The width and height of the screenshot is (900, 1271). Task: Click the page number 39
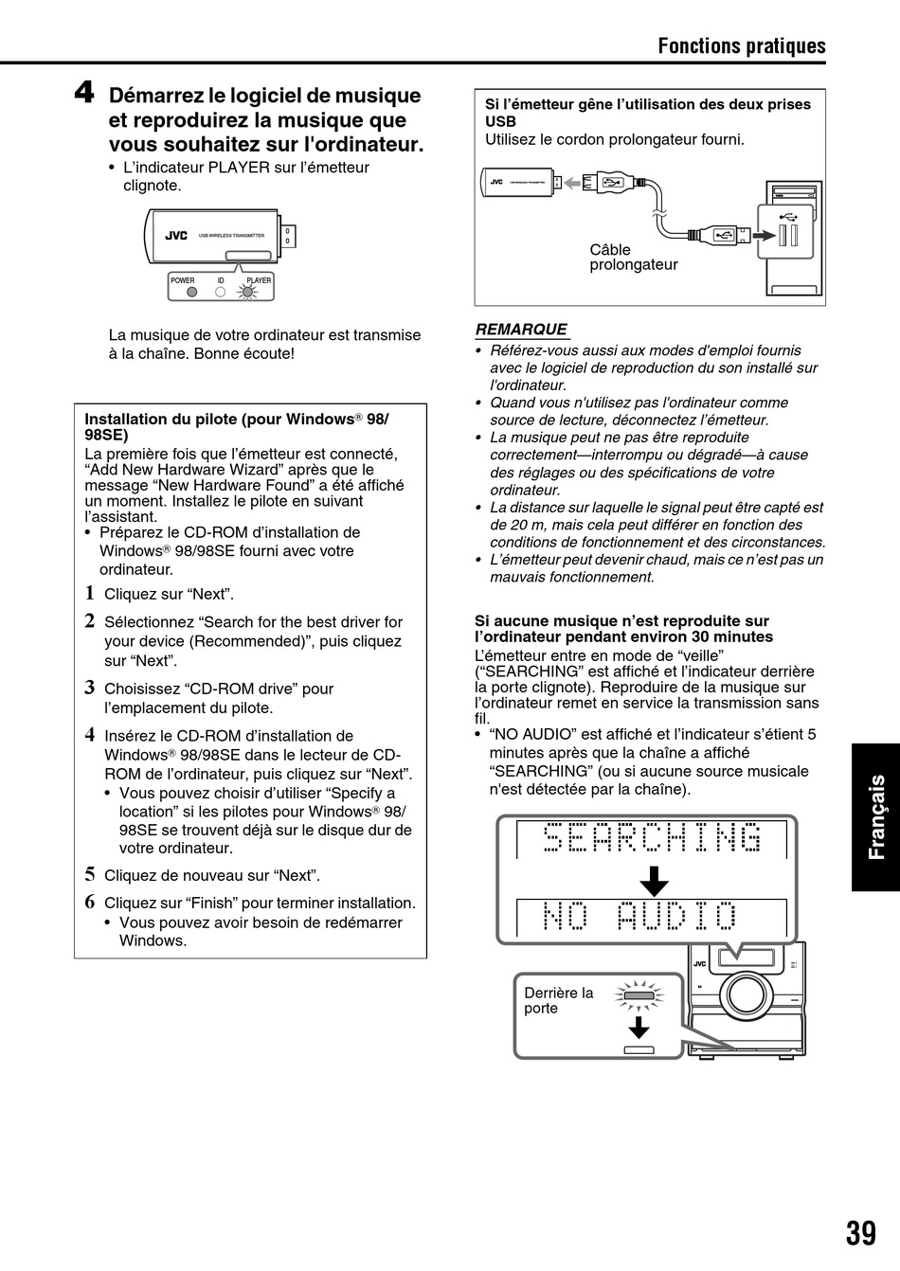point(860,1233)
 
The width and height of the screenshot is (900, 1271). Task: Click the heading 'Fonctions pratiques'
point(742,45)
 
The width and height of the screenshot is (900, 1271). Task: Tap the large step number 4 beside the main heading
point(84,94)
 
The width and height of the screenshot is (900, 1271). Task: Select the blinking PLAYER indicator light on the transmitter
point(248,292)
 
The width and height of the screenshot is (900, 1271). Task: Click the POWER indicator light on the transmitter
point(191,292)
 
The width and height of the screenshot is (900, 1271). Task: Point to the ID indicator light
point(220,292)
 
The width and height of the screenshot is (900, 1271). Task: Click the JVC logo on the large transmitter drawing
point(176,236)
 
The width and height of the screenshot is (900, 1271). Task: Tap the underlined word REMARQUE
point(520,330)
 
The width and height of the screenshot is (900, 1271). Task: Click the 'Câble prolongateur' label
point(633,257)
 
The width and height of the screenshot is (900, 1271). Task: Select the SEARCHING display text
point(653,838)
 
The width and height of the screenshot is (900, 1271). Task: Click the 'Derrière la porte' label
point(558,1000)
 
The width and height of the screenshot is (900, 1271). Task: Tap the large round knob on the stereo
point(746,994)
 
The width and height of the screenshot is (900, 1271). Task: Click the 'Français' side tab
point(874,816)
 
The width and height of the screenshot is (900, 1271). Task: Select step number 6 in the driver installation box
point(90,902)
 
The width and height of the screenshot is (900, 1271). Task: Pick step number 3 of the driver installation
point(90,688)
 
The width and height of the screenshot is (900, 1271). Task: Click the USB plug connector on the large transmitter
point(290,236)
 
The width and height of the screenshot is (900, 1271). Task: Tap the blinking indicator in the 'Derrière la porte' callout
point(639,995)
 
